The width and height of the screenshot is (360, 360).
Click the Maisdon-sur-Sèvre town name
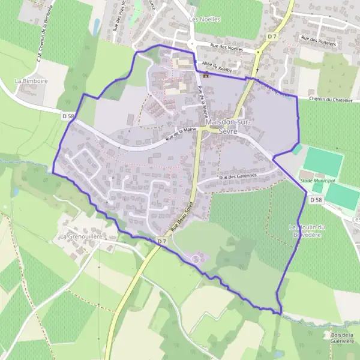point(221,126)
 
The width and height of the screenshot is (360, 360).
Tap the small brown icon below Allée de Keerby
point(207,74)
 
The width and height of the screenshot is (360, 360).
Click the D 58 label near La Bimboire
point(67,114)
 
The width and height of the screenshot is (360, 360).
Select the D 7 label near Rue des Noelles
point(272,37)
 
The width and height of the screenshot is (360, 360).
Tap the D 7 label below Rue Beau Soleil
point(161,241)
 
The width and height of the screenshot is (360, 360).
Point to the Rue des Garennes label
point(238,176)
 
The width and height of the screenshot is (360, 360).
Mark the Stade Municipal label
point(316,180)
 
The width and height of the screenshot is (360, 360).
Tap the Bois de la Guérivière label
point(342,338)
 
